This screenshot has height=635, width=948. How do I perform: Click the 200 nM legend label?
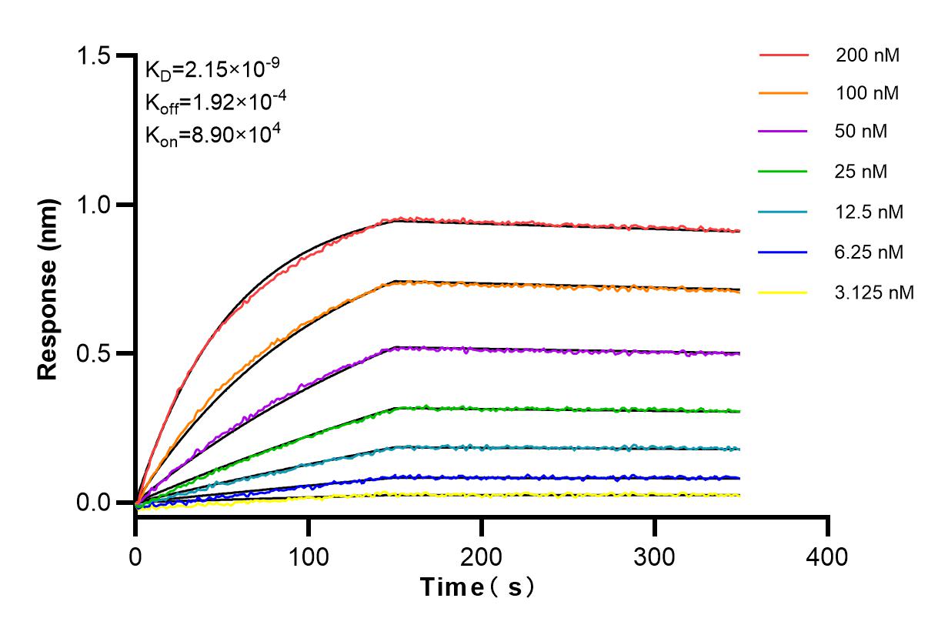[868, 55]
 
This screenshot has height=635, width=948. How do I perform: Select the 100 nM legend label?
[868, 94]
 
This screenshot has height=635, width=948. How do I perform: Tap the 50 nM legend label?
[861, 132]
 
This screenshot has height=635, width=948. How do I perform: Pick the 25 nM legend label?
[861, 172]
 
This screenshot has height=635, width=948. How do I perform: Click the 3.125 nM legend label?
[874, 292]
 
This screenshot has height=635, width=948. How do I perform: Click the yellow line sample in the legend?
[783, 292]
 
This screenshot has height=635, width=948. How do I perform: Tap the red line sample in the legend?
[783, 55]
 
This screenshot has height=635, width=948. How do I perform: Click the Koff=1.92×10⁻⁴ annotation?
[212, 102]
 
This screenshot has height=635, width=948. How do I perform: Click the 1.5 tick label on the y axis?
[96, 56]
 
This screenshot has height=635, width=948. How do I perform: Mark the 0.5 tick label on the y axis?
[96, 354]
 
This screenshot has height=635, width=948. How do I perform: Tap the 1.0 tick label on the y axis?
[96, 205]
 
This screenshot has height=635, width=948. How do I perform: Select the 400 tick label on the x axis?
[828, 556]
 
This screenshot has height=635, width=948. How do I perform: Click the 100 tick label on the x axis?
[309, 556]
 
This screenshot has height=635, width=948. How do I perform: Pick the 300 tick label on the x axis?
[655, 556]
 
